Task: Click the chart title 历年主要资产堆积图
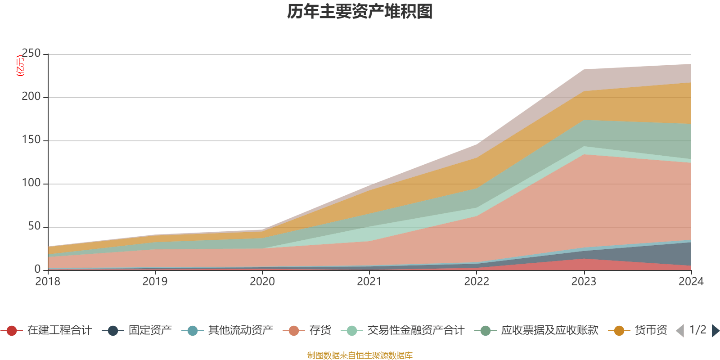click(360, 12)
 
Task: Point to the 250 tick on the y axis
click(31, 54)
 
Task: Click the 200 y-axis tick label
click(31, 97)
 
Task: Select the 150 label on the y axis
click(31, 140)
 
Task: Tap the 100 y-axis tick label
click(31, 184)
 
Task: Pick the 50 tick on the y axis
click(34, 227)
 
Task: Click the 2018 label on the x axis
click(48, 282)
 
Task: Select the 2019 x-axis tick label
click(155, 282)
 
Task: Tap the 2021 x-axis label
click(369, 282)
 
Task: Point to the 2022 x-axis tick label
click(477, 282)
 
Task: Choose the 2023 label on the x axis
click(584, 282)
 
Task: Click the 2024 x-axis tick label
click(691, 282)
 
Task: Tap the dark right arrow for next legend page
click(715, 331)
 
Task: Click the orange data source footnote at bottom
click(360, 355)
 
